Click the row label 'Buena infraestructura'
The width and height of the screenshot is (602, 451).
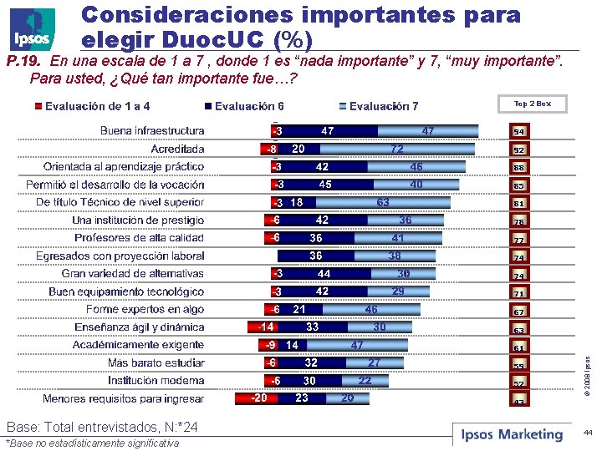pos(151,131)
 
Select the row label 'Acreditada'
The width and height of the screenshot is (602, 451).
pos(177,149)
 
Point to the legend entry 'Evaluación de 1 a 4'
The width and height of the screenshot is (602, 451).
pos(92,106)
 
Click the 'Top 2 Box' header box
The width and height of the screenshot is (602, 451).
pos(532,104)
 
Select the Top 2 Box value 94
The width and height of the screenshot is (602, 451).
pos(519,132)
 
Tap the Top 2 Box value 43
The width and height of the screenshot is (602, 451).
pos(519,401)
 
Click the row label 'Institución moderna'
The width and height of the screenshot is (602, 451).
pos(156,381)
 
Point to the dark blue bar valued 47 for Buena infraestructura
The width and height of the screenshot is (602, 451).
pos(328,131)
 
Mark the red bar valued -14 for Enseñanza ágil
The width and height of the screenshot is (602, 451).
pos(267,327)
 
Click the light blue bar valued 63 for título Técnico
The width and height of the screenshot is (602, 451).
pos(383,202)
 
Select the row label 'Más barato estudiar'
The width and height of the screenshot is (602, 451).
pos(156,363)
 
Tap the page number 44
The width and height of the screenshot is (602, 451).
pos(587,433)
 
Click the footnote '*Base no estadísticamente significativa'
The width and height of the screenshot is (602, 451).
pos(92,443)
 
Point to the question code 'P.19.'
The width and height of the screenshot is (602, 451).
pos(23,61)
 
